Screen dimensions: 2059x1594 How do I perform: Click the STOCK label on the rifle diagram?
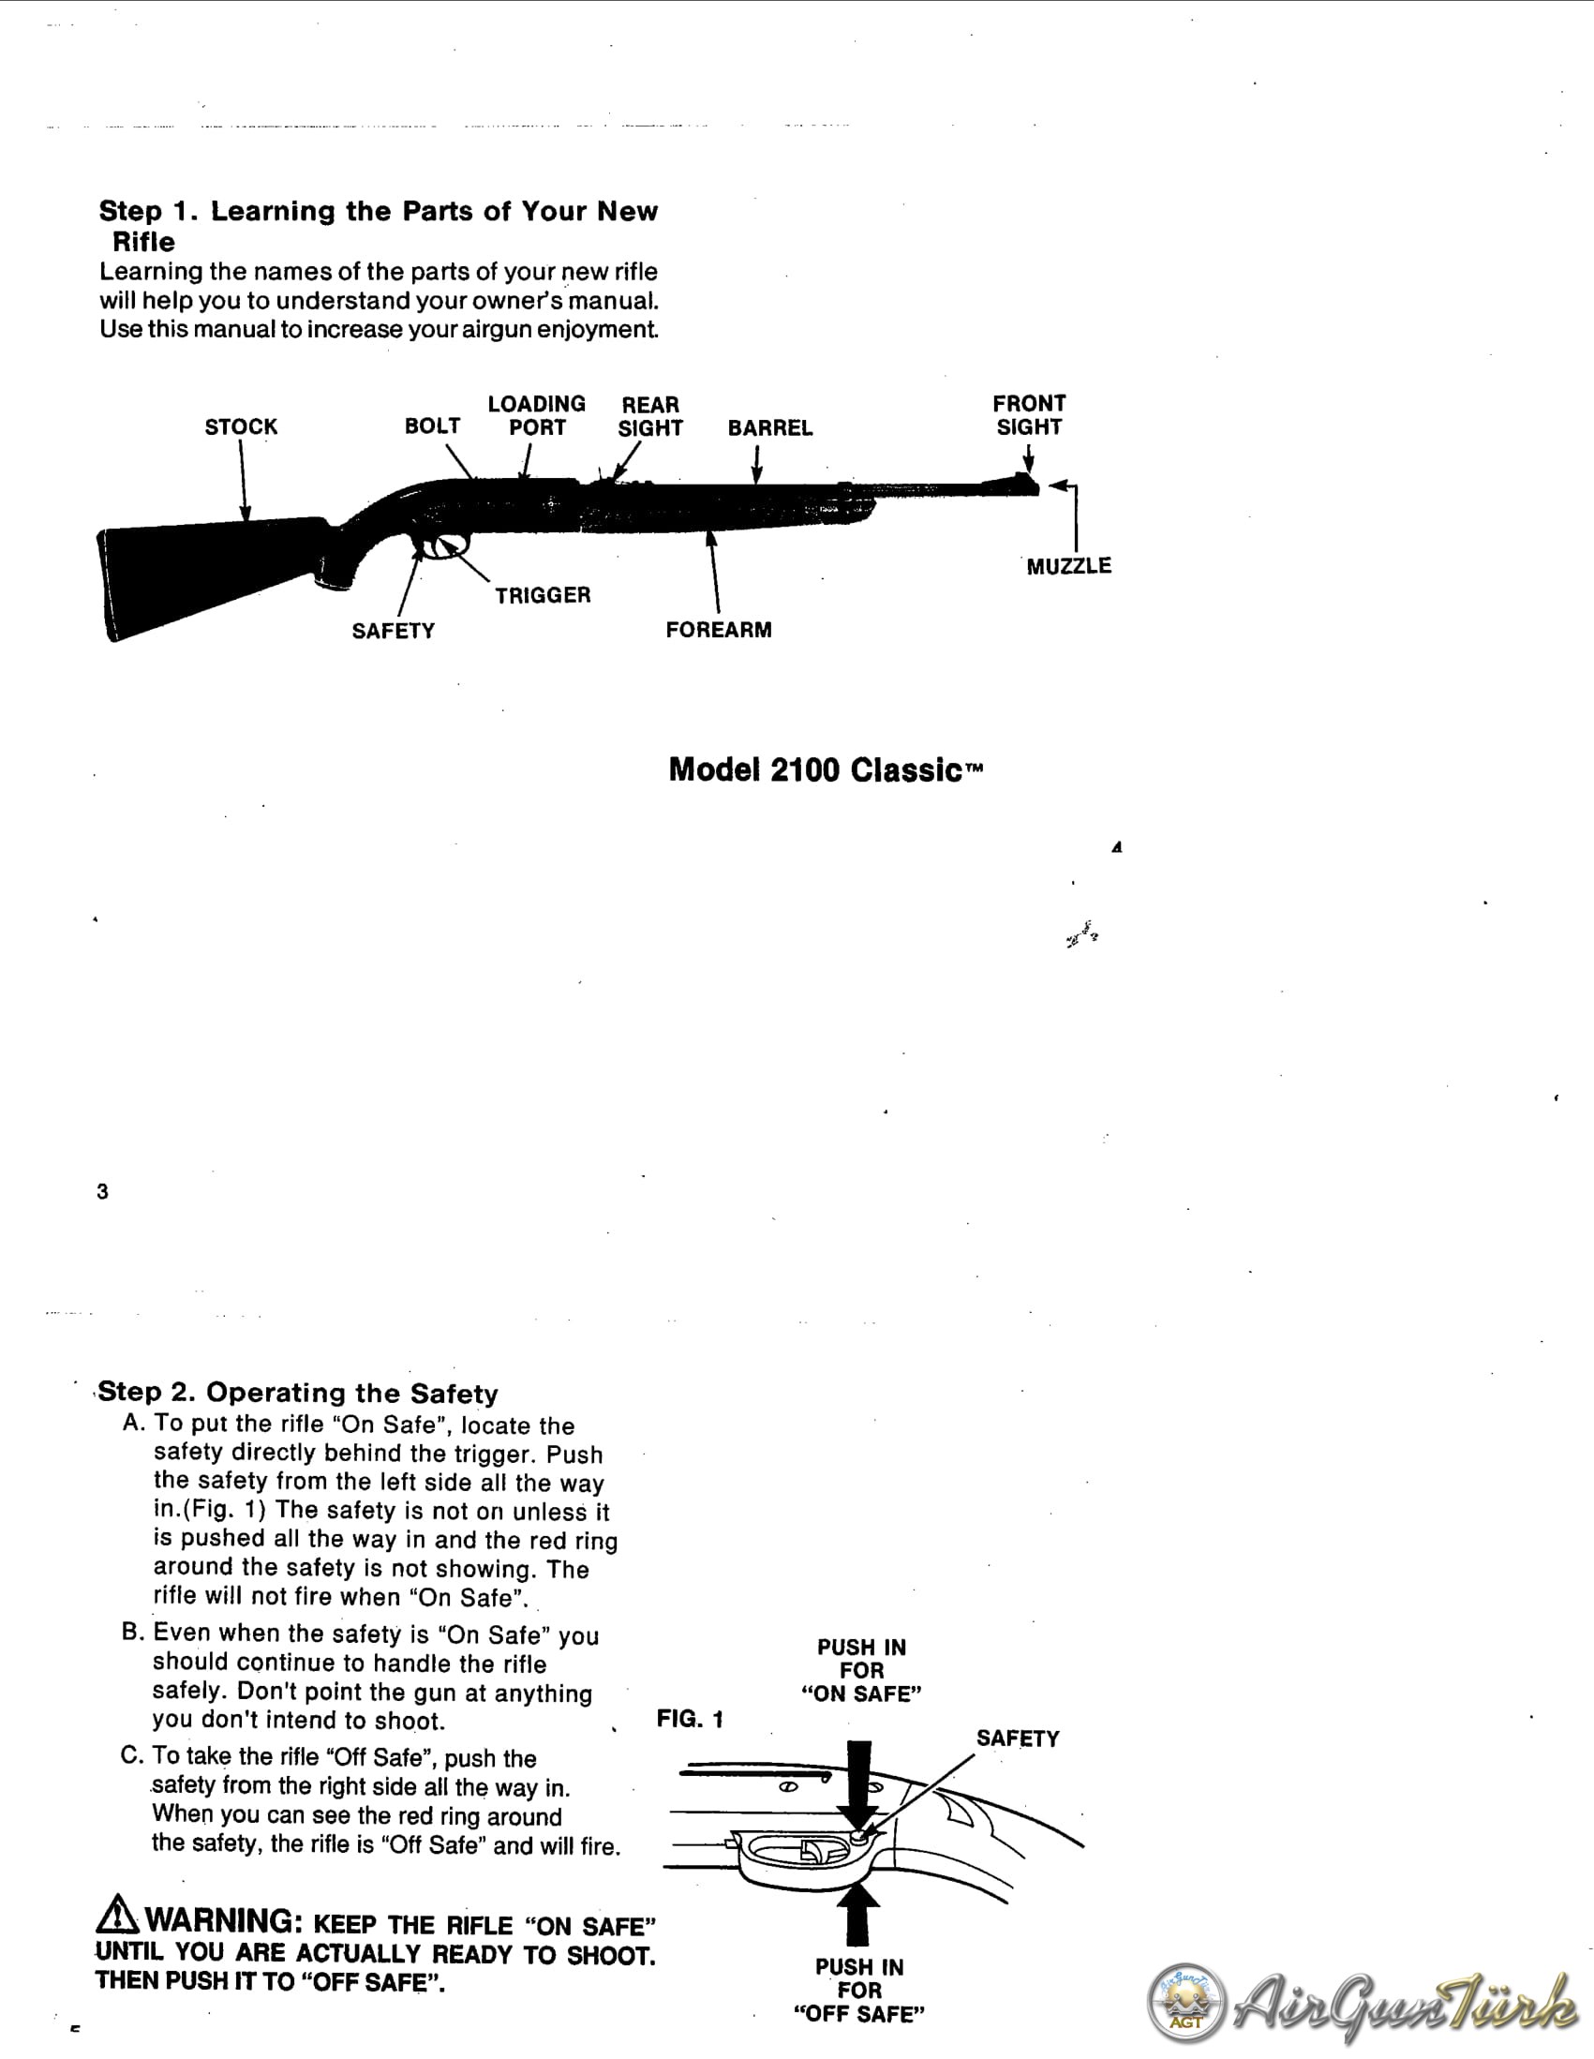(242, 427)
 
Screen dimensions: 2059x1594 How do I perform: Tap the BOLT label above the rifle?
(433, 426)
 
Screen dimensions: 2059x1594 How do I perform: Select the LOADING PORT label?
(536, 416)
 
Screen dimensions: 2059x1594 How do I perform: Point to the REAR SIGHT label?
(650, 416)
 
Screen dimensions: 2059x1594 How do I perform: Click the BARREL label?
(770, 428)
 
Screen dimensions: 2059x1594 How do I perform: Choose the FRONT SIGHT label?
(1029, 415)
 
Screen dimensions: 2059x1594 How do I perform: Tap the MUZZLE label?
(1069, 566)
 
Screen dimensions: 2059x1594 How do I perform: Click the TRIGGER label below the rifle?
(543, 595)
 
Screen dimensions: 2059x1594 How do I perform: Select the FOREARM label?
(719, 630)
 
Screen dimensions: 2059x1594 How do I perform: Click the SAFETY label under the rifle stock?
(393, 631)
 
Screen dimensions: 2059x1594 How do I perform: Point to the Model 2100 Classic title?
(826, 769)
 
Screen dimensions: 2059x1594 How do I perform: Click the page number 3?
(102, 1192)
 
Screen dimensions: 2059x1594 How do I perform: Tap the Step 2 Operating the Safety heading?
(298, 1393)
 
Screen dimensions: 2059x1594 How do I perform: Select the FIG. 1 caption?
(690, 1719)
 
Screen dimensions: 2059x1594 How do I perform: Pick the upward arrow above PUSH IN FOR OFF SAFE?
(857, 1914)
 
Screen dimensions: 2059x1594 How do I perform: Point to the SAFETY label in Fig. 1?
(1017, 1738)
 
